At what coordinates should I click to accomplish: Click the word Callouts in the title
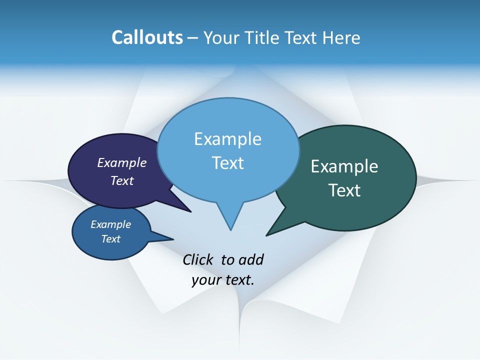point(147,37)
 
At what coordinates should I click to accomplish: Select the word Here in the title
point(342,37)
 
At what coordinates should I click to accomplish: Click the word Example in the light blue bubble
point(227,138)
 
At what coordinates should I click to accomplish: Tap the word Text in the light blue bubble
point(227,162)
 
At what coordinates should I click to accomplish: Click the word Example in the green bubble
point(344,166)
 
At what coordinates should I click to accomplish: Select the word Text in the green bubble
point(344,190)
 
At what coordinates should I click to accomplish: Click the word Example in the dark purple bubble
point(122,162)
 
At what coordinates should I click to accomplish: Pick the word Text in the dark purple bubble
point(122,180)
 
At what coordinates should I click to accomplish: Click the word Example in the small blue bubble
point(110,224)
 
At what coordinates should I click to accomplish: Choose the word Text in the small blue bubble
point(110,239)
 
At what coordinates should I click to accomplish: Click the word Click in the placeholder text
point(197,259)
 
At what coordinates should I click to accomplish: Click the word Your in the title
point(222,37)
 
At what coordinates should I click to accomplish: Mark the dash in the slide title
point(193,38)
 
